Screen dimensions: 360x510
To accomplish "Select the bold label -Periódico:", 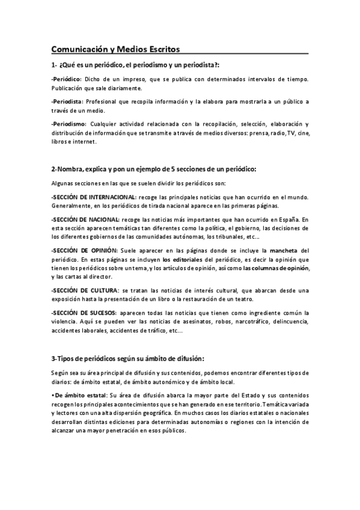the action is (x=67, y=79).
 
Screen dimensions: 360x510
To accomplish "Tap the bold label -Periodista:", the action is (x=67, y=102).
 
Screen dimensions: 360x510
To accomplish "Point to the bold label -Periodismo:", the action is (x=69, y=124).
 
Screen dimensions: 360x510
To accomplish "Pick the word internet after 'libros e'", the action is (x=85, y=142).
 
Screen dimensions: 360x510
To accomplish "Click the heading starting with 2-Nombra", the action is (x=153, y=169).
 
